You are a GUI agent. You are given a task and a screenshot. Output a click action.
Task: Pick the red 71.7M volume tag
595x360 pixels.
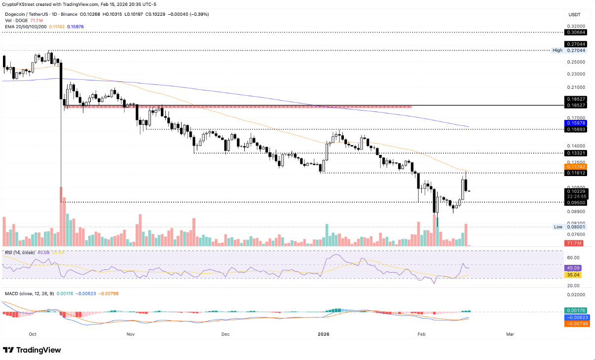coord(575,243)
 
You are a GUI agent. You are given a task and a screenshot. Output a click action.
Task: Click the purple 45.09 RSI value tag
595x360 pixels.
coord(575,268)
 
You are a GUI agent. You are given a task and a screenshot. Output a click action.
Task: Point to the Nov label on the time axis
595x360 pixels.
coord(130,334)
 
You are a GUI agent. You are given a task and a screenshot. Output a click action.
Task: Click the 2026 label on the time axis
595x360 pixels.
coord(323,334)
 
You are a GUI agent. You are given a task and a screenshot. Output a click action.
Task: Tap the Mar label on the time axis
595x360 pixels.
coord(510,334)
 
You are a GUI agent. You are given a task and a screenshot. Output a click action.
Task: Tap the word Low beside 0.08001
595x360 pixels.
coord(558,227)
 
